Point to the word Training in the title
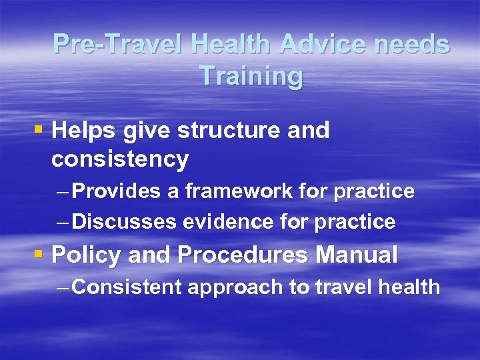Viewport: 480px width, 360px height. click(251, 76)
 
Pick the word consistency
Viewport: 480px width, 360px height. click(120, 159)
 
